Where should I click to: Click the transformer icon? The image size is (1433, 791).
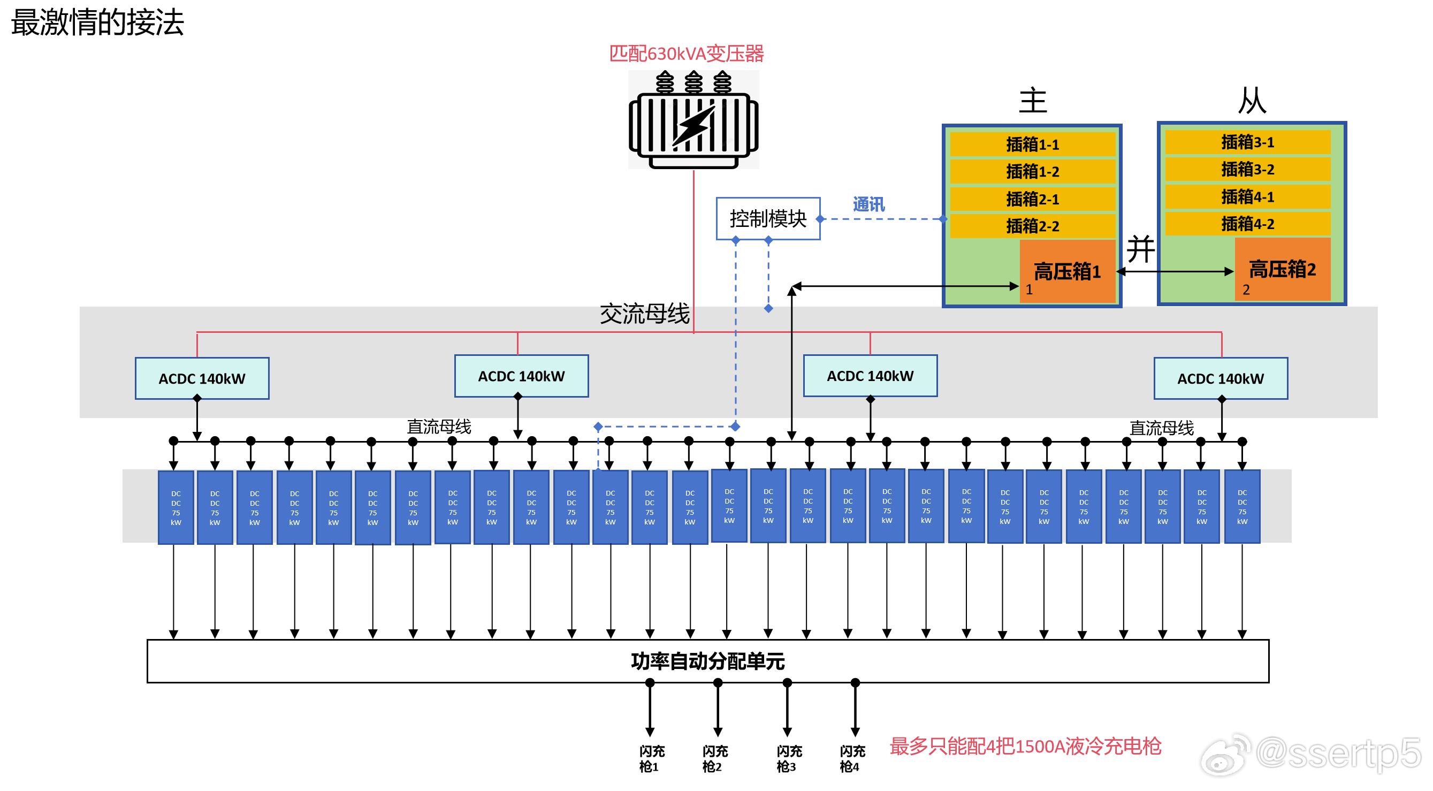tap(693, 119)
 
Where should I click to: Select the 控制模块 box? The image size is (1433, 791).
tap(768, 218)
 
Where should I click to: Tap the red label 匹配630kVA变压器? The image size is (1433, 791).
tap(687, 54)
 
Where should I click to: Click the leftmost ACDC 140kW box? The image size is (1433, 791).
tap(202, 378)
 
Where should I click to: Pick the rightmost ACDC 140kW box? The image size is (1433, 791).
tap(1221, 378)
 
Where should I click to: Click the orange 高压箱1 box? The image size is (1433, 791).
tap(1067, 271)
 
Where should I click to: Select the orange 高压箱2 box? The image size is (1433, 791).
tap(1282, 269)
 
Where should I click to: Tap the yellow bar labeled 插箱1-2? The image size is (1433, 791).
tap(1032, 171)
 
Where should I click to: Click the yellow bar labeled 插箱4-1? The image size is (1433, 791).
tap(1247, 196)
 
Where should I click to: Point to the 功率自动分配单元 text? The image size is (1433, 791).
tap(707, 661)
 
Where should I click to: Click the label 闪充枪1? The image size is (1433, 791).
tap(651, 759)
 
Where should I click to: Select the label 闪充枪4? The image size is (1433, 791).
tap(852, 759)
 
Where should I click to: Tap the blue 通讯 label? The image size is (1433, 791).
tap(868, 204)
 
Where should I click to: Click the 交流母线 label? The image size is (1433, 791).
tap(644, 314)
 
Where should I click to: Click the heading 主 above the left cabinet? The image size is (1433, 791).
tap(1032, 101)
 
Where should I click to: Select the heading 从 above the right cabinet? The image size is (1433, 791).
tap(1252, 101)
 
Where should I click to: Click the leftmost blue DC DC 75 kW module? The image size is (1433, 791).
tap(176, 507)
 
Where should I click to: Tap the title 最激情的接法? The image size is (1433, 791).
tap(97, 23)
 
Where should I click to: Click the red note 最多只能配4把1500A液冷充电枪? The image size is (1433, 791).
tap(1025, 746)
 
